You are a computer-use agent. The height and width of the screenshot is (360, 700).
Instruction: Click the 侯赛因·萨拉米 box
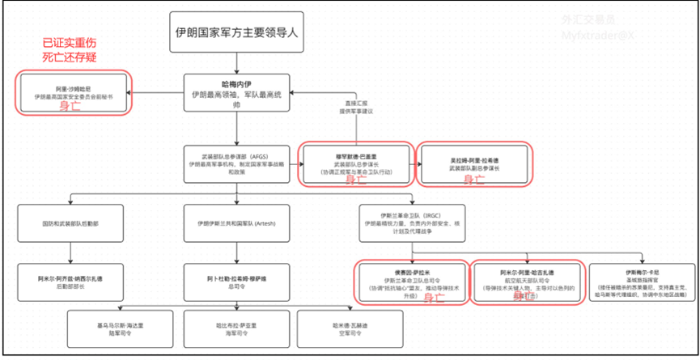[412, 280]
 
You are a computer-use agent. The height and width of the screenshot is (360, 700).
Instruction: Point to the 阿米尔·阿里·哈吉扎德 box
[527, 280]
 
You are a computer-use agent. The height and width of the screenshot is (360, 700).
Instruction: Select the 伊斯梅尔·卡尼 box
[641, 280]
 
